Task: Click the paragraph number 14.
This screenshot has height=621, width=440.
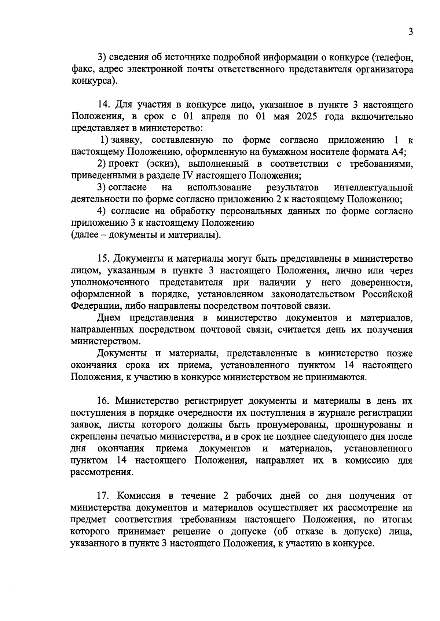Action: click(103, 105)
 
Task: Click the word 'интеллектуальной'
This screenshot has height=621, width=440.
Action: click(373, 188)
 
